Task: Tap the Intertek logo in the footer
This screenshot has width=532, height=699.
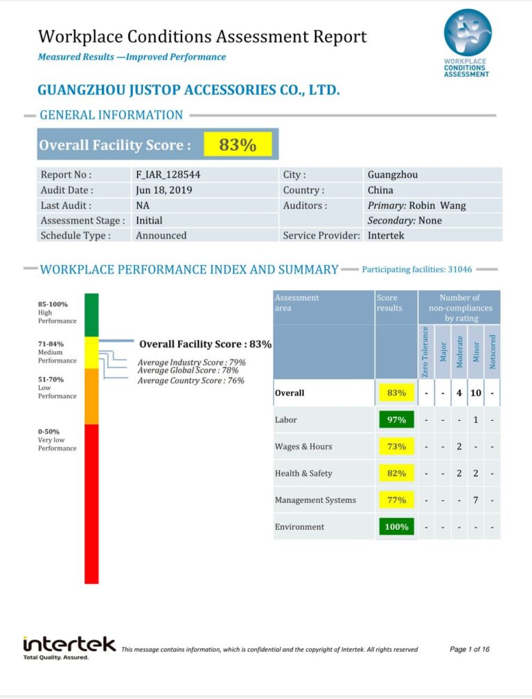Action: [x=69, y=646]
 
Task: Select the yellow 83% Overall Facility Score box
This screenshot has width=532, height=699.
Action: [x=238, y=145]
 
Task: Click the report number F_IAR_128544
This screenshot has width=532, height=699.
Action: [x=168, y=175]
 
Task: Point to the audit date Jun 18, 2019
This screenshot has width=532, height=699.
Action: [x=164, y=190]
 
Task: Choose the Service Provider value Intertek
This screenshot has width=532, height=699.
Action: [x=386, y=235]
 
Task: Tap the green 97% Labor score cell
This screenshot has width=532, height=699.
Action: [x=396, y=420]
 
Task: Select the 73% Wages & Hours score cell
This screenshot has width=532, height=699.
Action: [x=396, y=447]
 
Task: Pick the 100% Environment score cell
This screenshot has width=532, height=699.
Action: [x=396, y=527]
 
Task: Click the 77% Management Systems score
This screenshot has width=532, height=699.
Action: [x=396, y=500]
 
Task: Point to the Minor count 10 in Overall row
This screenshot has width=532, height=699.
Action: [x=476, y=393]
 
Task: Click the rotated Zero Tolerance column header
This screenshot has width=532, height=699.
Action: [x=425, y=352]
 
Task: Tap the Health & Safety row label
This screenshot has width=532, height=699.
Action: [x=303, y=474]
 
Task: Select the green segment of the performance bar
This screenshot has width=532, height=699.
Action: [x=91, y=315]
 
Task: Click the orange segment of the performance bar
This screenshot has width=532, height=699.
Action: [x=91, y=396]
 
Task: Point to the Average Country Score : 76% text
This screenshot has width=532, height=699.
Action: [x=190, y=381]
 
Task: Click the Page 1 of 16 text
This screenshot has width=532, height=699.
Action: [x=470, y=649]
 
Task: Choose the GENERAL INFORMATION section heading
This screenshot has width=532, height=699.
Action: [x=112, y=115]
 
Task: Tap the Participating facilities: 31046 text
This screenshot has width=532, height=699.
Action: [x=418, y=269]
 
